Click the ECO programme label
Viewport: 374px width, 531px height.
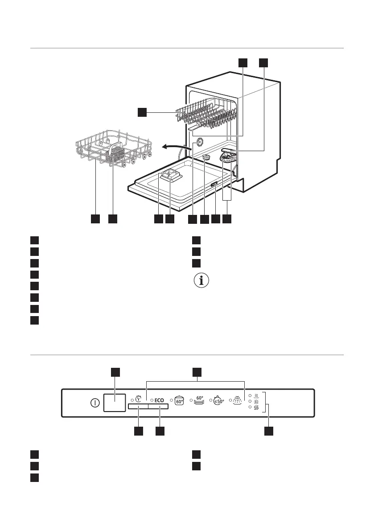(x=160, y=400)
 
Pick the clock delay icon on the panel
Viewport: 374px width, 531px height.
(x=140, y=399)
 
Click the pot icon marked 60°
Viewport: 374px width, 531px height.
(x=179, y=400)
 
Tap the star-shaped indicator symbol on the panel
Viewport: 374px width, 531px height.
(x=256, y=401)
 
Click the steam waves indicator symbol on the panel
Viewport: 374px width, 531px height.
(x=256, y=395)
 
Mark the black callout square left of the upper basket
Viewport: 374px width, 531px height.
(x=142, y=112)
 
